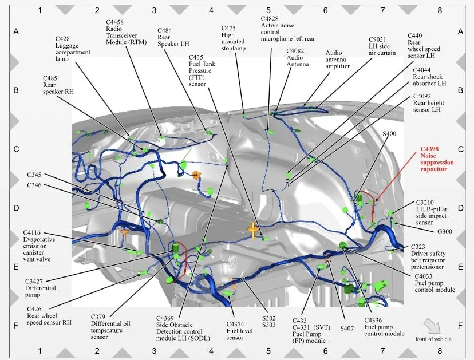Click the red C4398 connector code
tap(429, 149)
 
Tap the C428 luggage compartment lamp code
tap(62, 39)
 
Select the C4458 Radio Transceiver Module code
tap(114, 22)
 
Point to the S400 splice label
tap(389, 133)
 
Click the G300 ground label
tap(445, 232)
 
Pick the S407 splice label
tap(347, 329)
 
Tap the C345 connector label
tap(34, 175)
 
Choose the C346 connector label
tap(34, 185)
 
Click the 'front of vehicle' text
tap(433, 339)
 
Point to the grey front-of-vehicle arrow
tap(432, 326)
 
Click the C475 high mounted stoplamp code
tap(228, 28)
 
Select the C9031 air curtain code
tap(377, 39)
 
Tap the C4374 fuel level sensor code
tap(235, 325)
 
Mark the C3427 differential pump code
tap(34, 282)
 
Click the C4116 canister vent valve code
tap(31, 233)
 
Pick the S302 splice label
tap(268, 318)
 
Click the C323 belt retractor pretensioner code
tap(418, 247)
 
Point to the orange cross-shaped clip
tap(252, 229)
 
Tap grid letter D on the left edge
tap(16, 208)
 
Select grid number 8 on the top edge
tap(440, 10)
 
